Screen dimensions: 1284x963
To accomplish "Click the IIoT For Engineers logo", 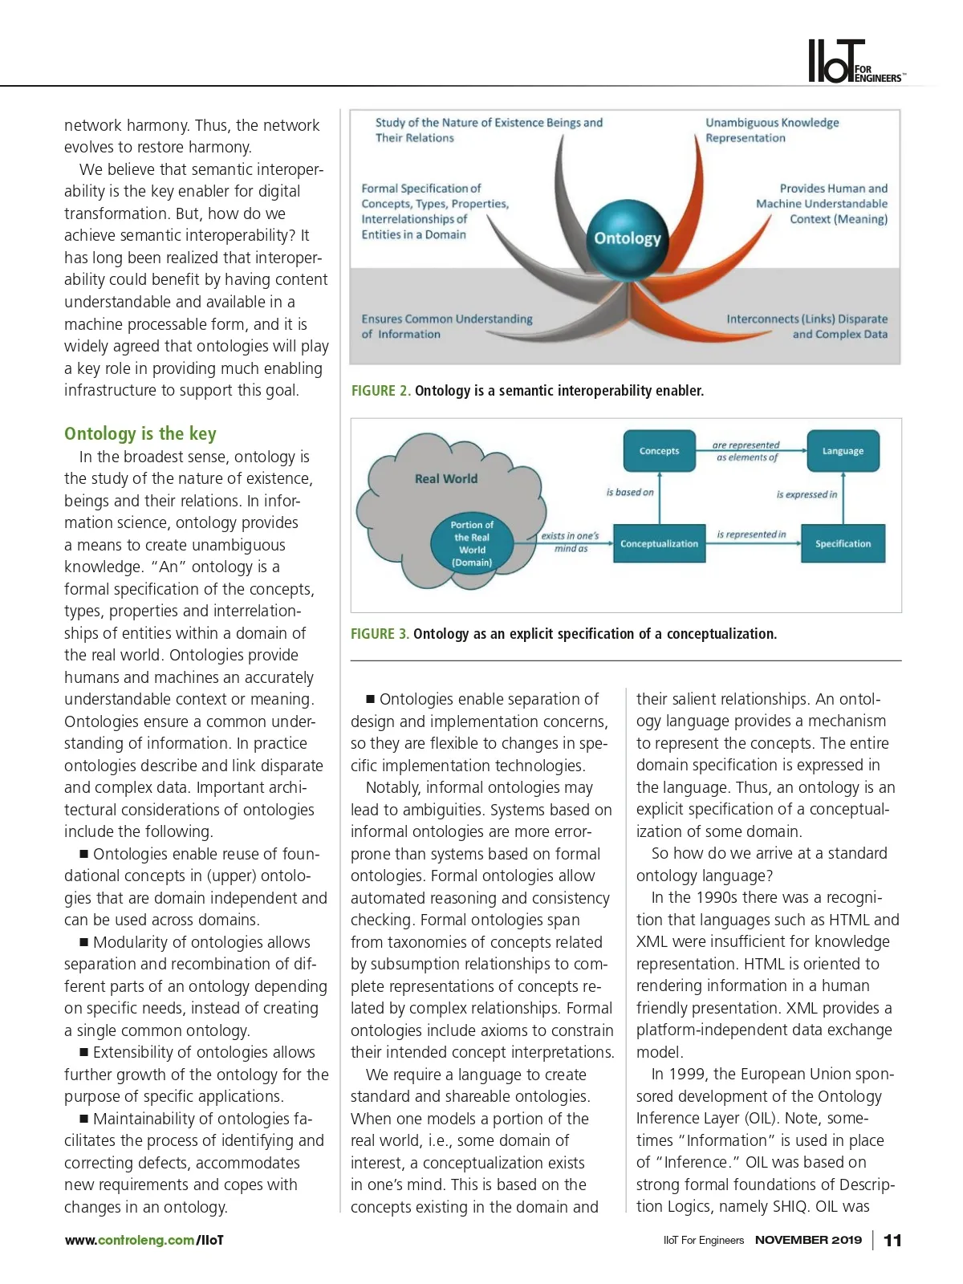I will pyautogui.click(x=855, y=62).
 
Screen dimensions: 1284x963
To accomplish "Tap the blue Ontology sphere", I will pyautogui.click(x=627, y=238).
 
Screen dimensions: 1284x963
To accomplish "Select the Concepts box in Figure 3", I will pyautogui.click(x=659, y=451).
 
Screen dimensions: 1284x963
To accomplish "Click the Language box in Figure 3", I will pyautogui.click(x=843, y=451).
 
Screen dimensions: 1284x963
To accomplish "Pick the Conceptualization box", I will pyautogui.click(x=659, y=544).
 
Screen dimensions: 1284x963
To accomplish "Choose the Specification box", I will pyautogui.click(x=843, y=544).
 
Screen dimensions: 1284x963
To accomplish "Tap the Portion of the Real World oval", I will pyautogui.click(x=472, y=544).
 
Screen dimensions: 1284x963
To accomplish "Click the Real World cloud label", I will pyautogui.click(x=446, y=479).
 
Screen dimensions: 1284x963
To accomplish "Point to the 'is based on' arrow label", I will pyautogui.click(x=630, y=493).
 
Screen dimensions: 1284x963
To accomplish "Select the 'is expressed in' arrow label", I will pyautogui.click(x=806, y=494).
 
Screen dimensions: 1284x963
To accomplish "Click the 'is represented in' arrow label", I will pyautogui.click(x=751, y=534).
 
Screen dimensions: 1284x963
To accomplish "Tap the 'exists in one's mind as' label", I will pyautogui.click(x=570, y=542).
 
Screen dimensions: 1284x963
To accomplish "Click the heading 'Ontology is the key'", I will pyautogui.click(x=140, y=434).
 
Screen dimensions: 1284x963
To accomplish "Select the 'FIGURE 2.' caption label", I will pyautogui.click(x=380, y=391).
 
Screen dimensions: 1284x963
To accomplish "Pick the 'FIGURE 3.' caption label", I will pyautogui.click(x=380, y=634).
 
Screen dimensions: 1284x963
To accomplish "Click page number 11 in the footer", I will pyautogui.click(x=892, y=1241).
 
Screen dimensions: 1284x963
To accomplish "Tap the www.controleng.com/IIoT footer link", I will pyautogui.click(x=144, y=1241).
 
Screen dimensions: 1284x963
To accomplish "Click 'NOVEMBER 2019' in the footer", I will pyautogui.click(x=808, y=1241).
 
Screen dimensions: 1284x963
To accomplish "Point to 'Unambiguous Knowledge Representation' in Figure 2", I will pyautogui.click(x=772, y=130).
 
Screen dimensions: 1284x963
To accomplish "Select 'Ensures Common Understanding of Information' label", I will pyautogui.click(x=446, y=327).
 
